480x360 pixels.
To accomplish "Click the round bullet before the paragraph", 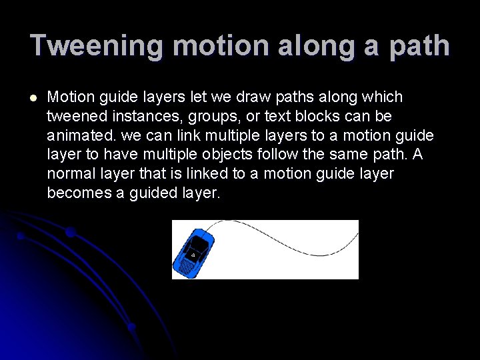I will pyautogui.click(x=33, y=97).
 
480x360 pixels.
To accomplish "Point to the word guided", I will pyautogui.click(x=148, y=194).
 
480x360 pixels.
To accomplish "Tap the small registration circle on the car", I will pyautogui.click(x=193, y=254).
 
